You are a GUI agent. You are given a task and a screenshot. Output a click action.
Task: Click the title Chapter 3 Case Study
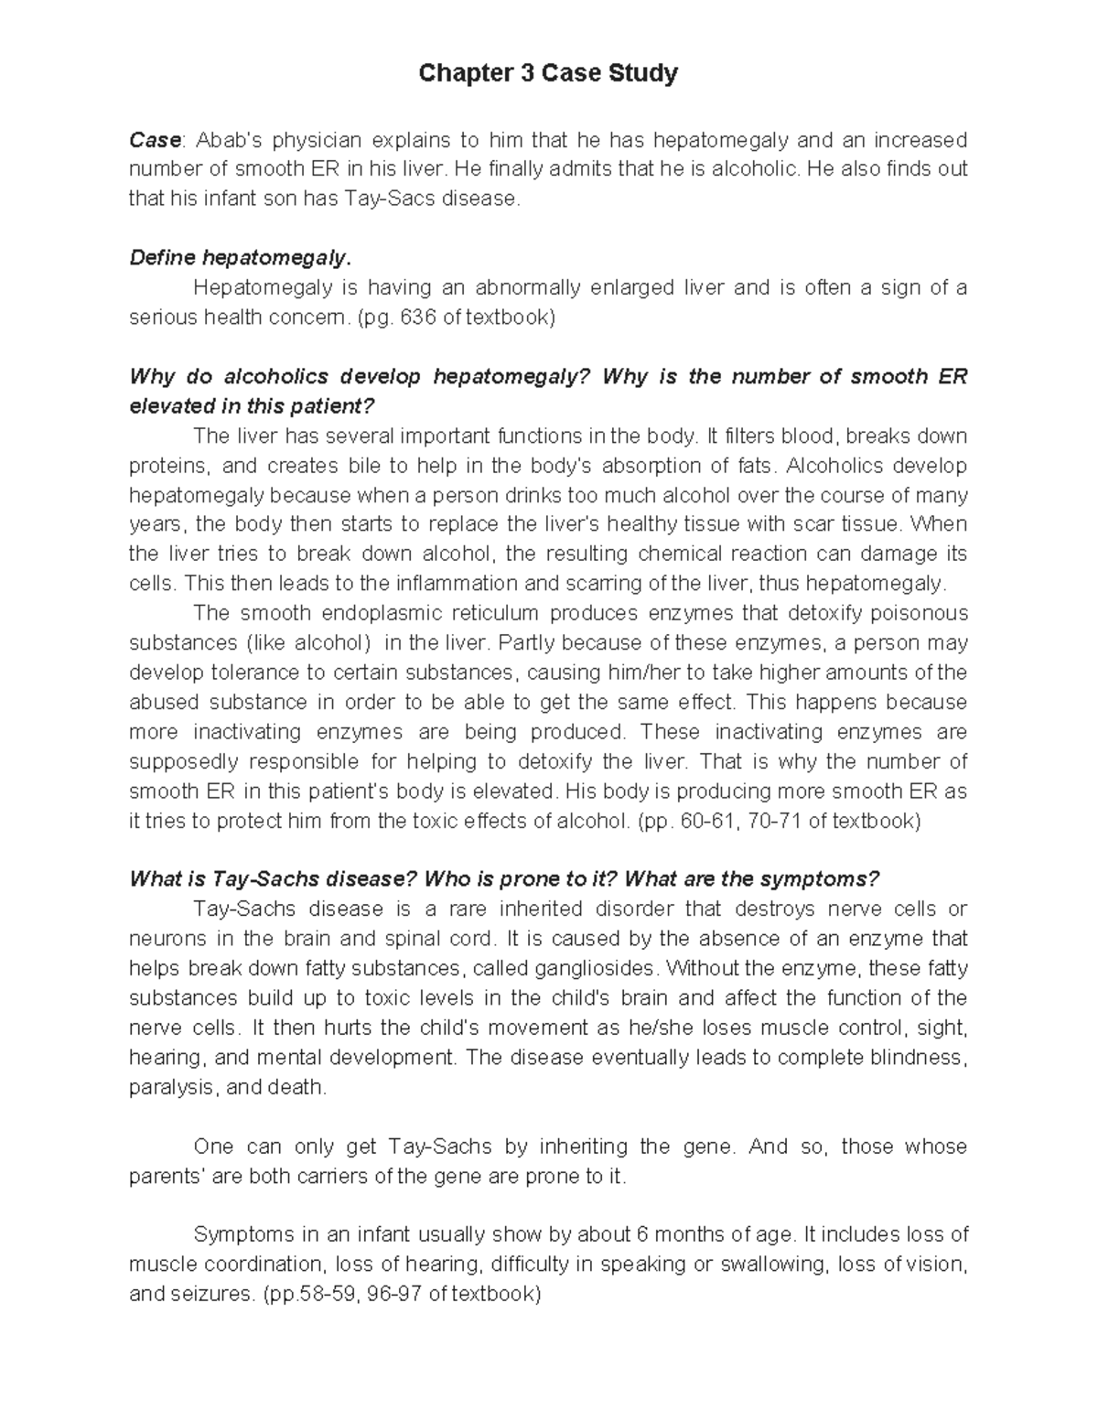coord(548,73)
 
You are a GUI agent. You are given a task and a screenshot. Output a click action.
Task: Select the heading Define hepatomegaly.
coord(240,258)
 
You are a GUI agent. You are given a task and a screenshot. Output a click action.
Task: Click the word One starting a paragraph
coord(214,1146)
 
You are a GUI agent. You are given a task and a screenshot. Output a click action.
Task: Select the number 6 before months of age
coord(640,1234)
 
